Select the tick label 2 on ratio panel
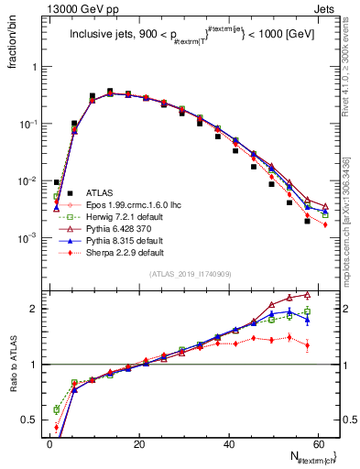pyautogui.click(x=37, y=309)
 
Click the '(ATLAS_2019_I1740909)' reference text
pyautogui.click(x=190, y=275)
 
